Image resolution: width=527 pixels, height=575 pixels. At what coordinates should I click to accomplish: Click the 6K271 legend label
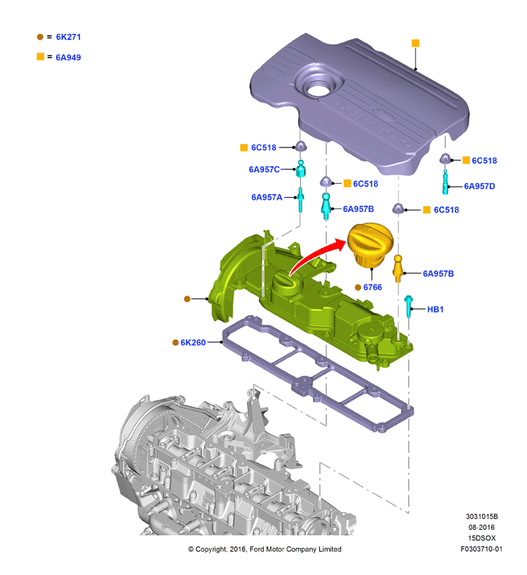pos(68,37)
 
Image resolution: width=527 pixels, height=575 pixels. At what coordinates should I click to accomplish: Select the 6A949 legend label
pos(68,57)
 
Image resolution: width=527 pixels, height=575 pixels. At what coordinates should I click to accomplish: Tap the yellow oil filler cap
pos(370,245)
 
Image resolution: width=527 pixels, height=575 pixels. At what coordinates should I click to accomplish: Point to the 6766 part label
pos(372,288)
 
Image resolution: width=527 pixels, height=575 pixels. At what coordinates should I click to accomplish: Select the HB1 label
pos(436,310)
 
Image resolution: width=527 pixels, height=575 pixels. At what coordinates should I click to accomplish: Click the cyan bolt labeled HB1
pos(409,306)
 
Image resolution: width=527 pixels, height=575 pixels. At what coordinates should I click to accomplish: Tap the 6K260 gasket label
pos(193,342)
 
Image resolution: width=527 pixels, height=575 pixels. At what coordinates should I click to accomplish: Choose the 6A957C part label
pos(264,169)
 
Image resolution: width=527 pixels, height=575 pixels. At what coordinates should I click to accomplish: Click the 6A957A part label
pos(267,197)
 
